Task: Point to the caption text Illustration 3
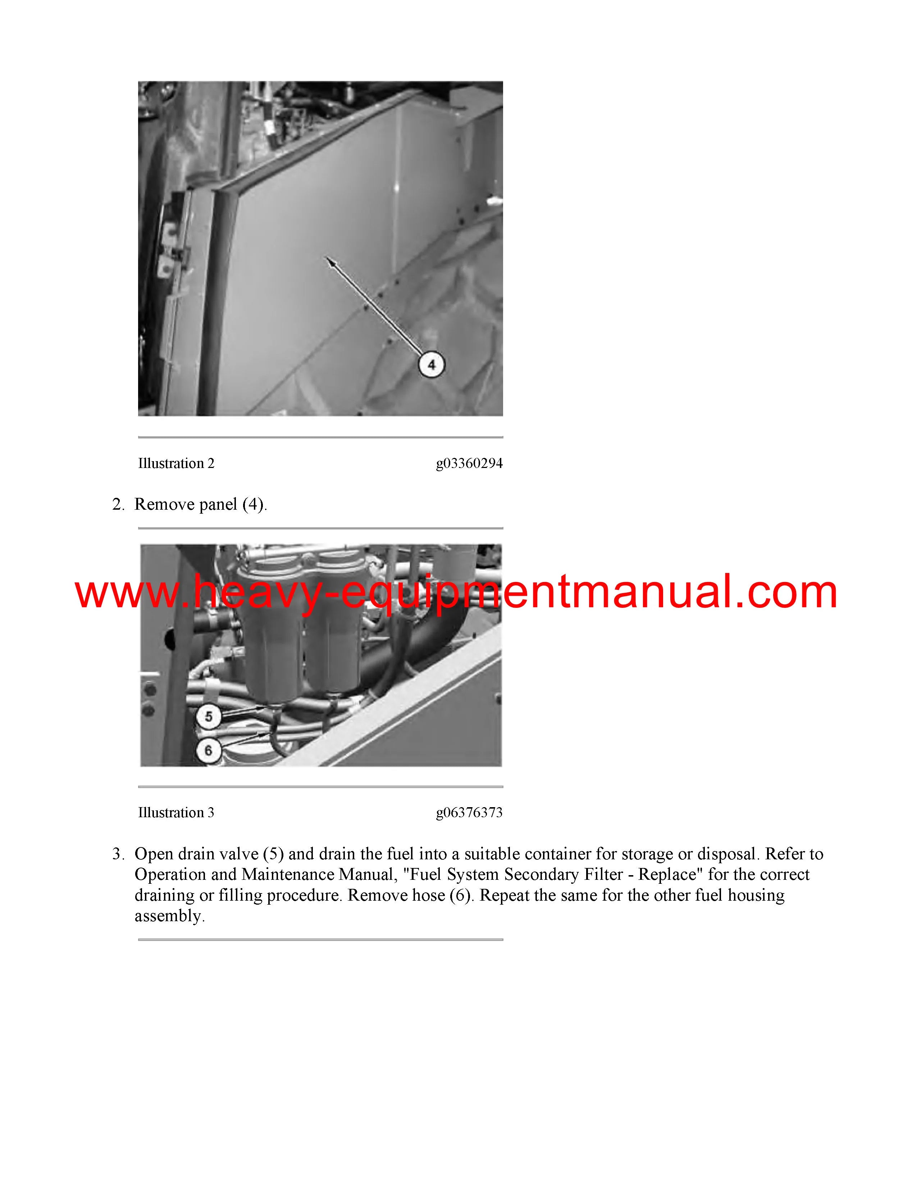click(x=176, y=813)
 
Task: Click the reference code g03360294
click(x=469, y=464)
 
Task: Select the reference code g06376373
click(x=469, y=813)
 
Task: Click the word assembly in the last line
click(x=169, y=917)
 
